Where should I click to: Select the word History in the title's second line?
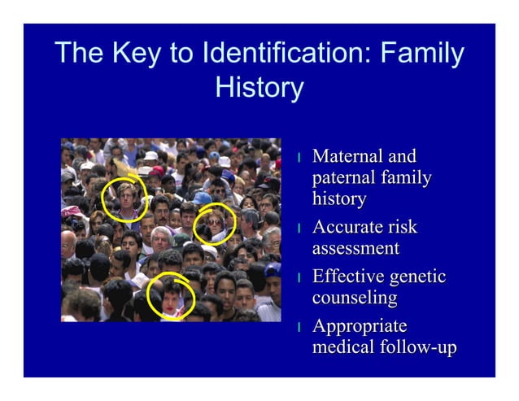tap(259, 88)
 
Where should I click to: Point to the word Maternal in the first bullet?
tap(347, 156)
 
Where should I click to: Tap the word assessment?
tap(355, 248)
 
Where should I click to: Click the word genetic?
tap(417, 277)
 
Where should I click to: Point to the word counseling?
tap(355, 298)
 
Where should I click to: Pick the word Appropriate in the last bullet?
tap(360, 326)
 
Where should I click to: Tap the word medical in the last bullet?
tap(341, 347)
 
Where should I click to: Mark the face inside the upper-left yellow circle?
tap(127, 196)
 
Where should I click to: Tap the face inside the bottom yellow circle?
tap(172, 298)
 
